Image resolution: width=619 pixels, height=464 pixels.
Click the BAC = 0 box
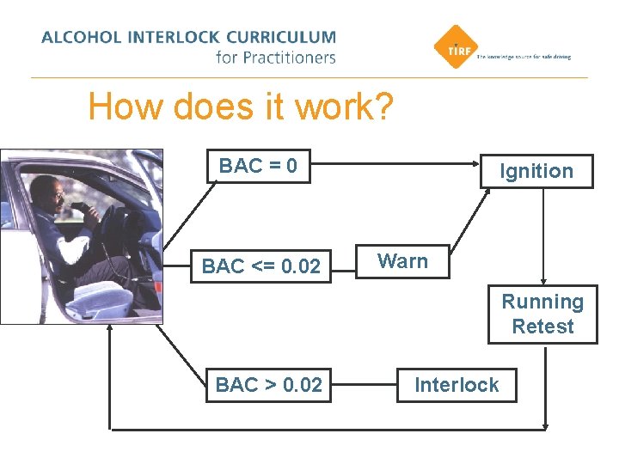click(x=258, y=166)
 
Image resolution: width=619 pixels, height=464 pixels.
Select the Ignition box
click(x=536, y=171)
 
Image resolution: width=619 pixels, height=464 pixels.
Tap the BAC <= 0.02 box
click(x=260, y=266)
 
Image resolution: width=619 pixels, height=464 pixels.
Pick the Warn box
click(x=402, y=261)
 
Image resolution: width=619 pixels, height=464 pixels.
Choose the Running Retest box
click(x=542, y=314)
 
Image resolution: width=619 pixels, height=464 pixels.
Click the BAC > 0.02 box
click(x=268, y=385)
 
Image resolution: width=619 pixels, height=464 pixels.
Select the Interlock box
click(x=456, y=385)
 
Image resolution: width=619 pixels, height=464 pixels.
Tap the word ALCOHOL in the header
click(x=72, y=38)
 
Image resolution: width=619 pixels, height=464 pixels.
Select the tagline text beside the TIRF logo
click(x=524, y=57)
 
